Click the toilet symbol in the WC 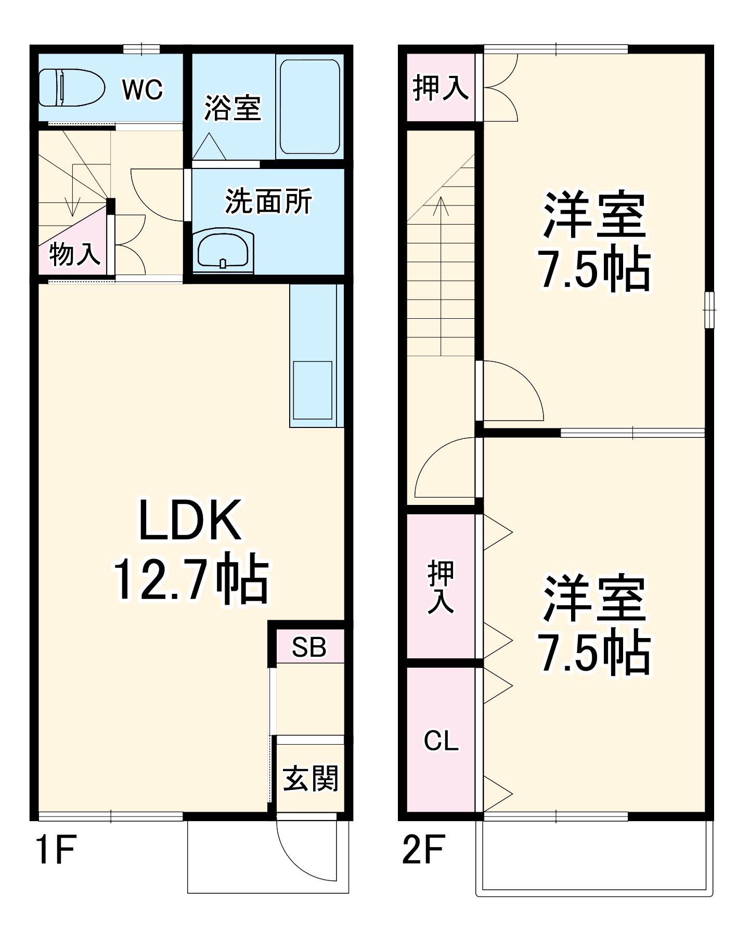[72, 87]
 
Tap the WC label [142, 89]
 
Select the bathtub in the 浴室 [310, 107]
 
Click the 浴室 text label [232, 108]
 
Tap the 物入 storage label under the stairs [74, 254]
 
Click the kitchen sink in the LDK [313, 390]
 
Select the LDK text [190, 521]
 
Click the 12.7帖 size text [191, 578]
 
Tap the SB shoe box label [309, 647]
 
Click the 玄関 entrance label [311, 778]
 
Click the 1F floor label [56, 849]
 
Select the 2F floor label [423, 849]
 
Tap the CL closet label [441, 740]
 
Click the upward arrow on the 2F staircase [441, 208]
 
